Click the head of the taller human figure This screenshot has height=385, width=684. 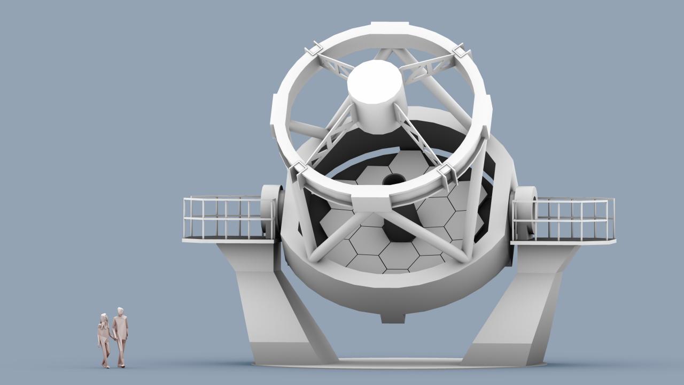click(120, 311)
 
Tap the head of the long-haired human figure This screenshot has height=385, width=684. click(104, 318)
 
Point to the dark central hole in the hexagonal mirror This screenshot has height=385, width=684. click(394, 179)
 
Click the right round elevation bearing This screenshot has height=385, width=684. click(524, 212)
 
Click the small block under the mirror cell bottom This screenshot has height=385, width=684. click(393, 318)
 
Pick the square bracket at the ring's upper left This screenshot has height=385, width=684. click(314, 50)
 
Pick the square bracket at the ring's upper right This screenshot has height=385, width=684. click(461, 52)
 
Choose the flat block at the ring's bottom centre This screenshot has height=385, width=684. click(372, 203)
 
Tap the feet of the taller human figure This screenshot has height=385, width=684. click(121, 365)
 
